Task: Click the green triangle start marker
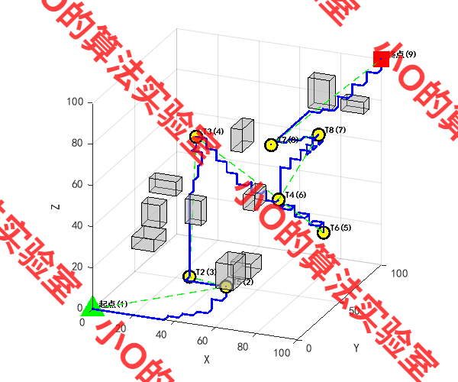[x=92, y=306]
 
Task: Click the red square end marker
[x=381, y=59]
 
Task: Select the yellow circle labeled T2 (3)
[x=189, y=277]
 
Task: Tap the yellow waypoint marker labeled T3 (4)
[x=197, y=137]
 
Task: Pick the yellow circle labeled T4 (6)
[x=279, y=200]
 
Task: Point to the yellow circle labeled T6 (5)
[x=324, y=231]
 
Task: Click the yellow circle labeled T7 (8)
[x=270, y=145]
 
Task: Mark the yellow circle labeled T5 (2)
[x=226, y=286]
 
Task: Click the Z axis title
[x=55, y=206]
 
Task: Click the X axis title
[x=205, y=358]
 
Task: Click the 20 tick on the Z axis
[x=77, y=267]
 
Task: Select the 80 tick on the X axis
[x=242, y=348]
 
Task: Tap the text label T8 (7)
[x=336, y=130]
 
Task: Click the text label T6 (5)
[x=340, y=228]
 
